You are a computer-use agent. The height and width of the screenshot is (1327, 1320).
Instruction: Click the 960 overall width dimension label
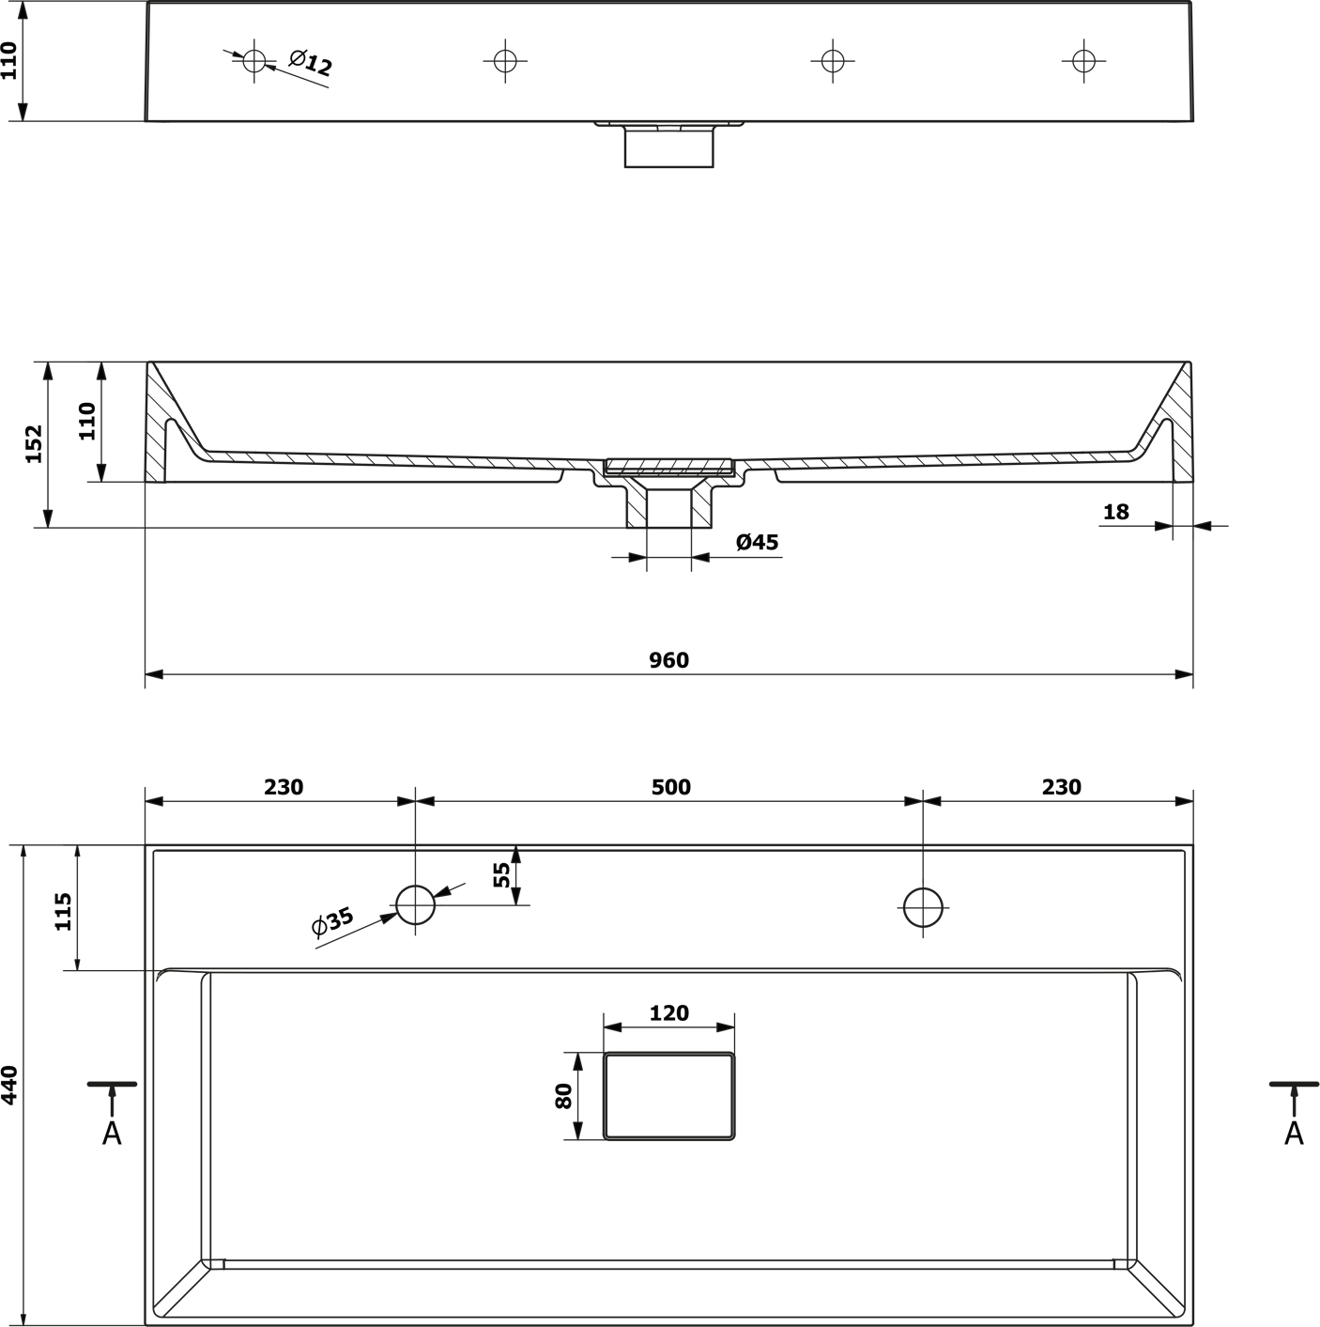tap(668, 660)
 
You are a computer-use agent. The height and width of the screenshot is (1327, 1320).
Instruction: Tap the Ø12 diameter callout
tap(311, 63)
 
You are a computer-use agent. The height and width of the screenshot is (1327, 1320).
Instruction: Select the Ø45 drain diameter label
tap(757, 543)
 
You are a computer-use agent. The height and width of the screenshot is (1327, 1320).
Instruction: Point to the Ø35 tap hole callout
tap(332, 922)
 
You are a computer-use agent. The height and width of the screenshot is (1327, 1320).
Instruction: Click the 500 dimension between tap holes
tap(670, 787)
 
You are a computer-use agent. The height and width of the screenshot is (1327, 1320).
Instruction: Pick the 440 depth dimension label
tap(9, 1086)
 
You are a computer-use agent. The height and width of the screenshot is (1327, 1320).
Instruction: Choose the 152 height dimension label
tap(34, 443)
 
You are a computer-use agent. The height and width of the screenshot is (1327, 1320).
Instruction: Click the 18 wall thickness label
tap(1116, 513)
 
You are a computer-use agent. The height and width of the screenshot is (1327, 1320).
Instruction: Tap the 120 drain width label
tap(668, 1013)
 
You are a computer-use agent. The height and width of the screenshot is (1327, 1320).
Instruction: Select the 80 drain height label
tap(563, 1096)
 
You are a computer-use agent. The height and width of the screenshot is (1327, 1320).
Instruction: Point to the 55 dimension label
tap(502, 874)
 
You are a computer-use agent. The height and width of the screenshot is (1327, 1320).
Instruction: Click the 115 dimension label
tap(63, 912)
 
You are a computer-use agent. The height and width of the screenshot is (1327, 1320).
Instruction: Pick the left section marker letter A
tap(112, 1134)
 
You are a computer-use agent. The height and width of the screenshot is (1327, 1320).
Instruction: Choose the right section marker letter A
tap(1294, 1134)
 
